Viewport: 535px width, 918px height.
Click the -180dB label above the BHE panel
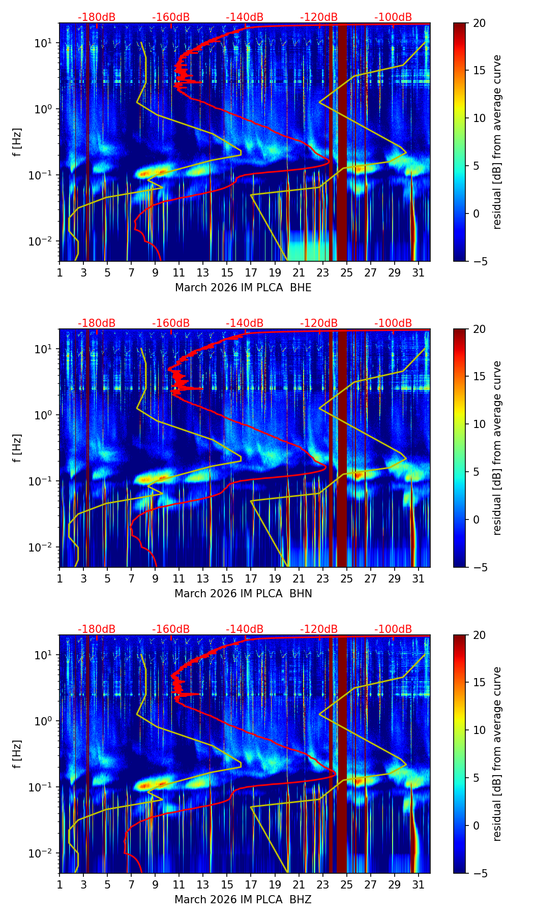coord(97,17)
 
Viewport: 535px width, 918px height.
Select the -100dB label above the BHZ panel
coord(393,629)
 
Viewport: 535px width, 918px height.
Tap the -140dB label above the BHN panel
coord(245,323)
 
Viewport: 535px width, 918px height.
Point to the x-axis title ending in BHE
coord(243,288)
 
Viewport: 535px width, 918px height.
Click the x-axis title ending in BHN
coord(243,594)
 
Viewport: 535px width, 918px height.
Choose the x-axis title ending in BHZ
coord(243,900)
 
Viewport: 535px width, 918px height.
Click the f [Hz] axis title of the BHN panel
coord(17,448)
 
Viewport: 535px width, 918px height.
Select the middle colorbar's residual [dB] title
coord(497,448)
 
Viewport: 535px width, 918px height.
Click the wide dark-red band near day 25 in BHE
coord(342,142)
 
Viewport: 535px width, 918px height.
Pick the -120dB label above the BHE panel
coord(319,17)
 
